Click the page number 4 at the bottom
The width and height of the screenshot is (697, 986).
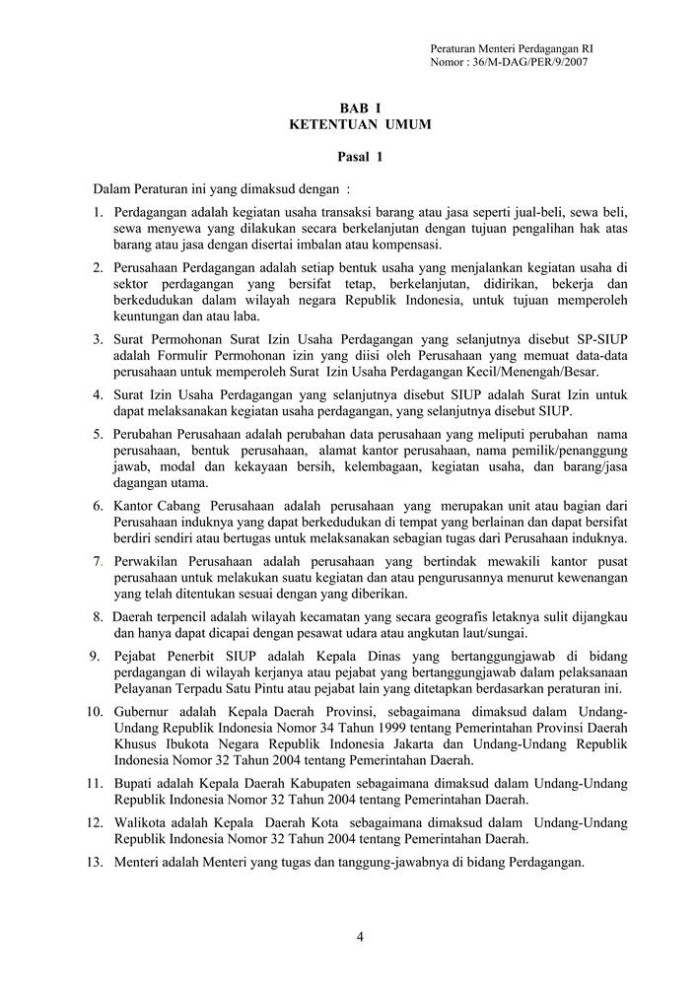point(360,937)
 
